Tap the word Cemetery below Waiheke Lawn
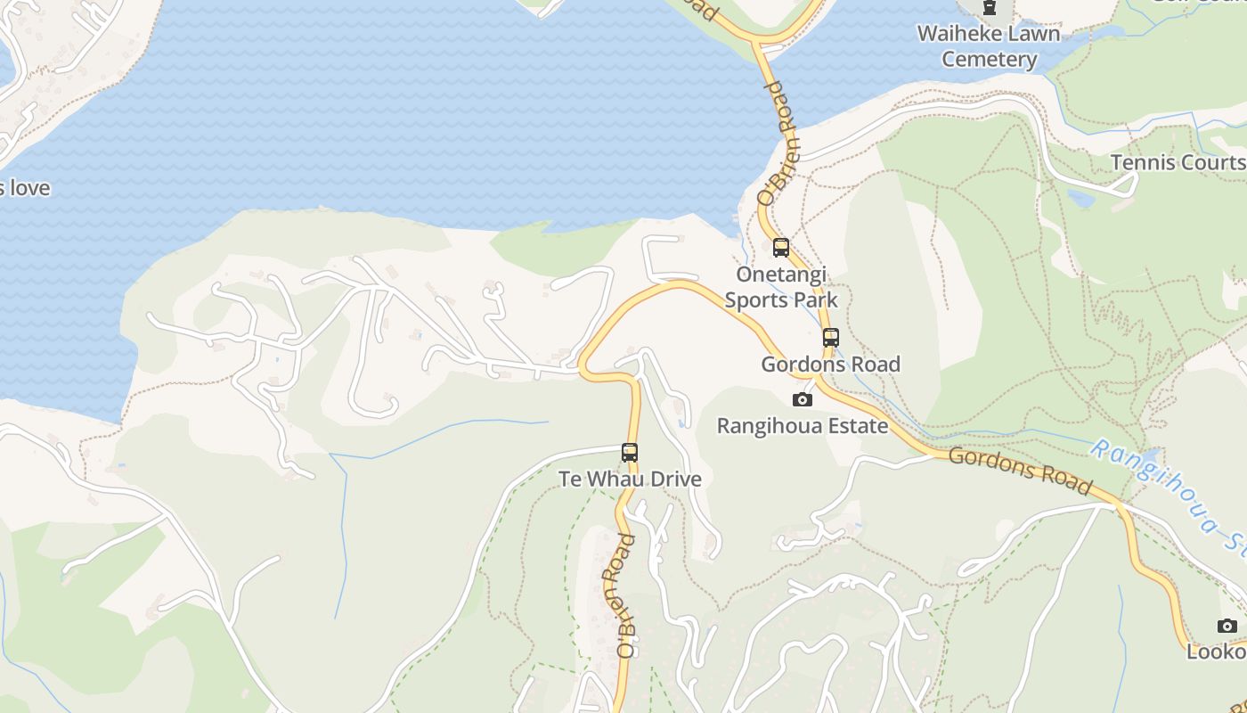tap(990, 60)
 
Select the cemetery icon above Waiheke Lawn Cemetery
tap(989, 7)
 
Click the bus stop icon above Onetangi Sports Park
tap(781, 248)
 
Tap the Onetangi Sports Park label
tap(781, 287)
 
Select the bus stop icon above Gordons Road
tap(831, 338)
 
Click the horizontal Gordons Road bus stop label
tap(830, 364)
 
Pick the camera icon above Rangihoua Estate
tap(803, 399)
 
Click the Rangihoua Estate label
tap(803, 426)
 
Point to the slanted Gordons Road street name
tap(1019, 471)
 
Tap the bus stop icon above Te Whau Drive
tap(630, 453)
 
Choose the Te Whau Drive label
tap(630, 479)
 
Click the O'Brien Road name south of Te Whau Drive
tap(626, 595)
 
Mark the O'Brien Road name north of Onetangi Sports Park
tap(776, 143)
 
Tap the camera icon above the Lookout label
tap(1227, 626)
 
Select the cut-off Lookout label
tap(1217, 652)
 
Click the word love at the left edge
tap(29, 188)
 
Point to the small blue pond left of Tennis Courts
tap(1080, 198)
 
